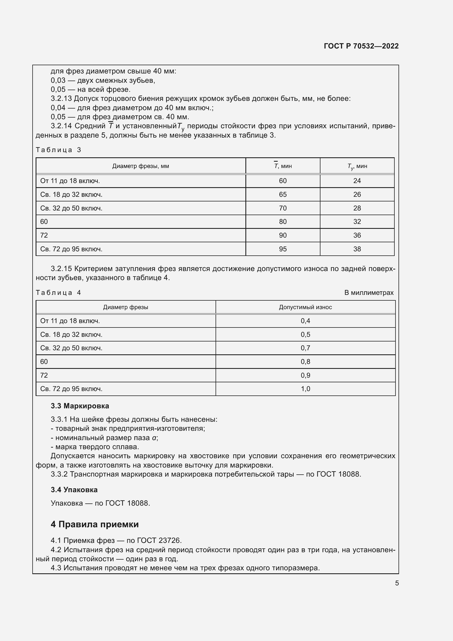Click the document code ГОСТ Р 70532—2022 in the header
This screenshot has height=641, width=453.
pyautogui.click(x=361, y=46)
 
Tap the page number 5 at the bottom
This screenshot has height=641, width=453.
pyautogui.click(x=397, y=583)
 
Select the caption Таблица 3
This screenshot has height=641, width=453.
pyautogui.click(x=58, y=150)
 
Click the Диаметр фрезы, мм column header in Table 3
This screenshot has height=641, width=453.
pyautogui.click(x=141, y=166)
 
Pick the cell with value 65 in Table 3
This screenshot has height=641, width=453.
pyautogui.click(x=283, y=195)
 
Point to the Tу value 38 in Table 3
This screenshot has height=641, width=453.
pyautogui.click(x=357, y=249)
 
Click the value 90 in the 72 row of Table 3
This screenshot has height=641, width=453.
pyautogui.click(x=283, y=235)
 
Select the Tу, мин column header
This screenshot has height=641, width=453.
pyautogui.click(x=357, y=166)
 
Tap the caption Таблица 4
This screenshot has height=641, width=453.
pyautogui.click(x=58, y=293)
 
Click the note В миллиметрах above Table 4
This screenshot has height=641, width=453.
pyautogui.click(x=368, y=293)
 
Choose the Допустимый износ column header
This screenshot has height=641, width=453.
pyautogui.click(x=305, y=307)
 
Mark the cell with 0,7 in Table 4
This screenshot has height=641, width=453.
pyautogui.click(x=305, y=348)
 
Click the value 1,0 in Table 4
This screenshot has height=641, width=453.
pyautogui.click(x=305, y=389)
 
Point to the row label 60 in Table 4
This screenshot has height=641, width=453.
pyautogui.click(x=44, y=362)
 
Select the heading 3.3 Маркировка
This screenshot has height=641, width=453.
pyautogui.click(x=80, y=406)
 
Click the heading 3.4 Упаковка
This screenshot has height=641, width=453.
pyautogui.click(x=74, y=490)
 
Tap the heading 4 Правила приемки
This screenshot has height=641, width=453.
pyautogui.click(x=94, y=524)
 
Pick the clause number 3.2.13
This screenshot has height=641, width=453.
pyautogui.click(x=61, y=99)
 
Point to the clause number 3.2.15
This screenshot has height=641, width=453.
pyautogui.click(x=61, y=269)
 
